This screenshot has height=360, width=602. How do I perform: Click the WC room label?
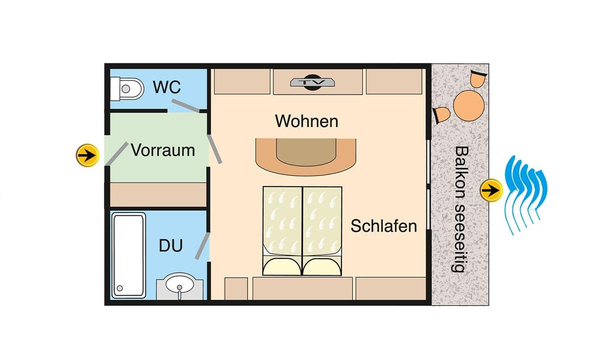(167, 87)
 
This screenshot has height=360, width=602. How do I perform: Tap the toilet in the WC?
(127, 89)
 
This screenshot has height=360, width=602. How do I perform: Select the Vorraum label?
(163, 150)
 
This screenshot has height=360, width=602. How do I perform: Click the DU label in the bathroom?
(171, 245)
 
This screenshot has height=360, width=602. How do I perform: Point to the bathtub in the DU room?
(129, 256)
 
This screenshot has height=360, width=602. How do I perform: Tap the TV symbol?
(312, 82)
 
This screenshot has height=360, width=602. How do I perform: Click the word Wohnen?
(307, 121)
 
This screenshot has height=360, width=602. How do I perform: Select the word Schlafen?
(384, 226)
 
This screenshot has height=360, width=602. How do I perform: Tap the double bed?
(302, 231)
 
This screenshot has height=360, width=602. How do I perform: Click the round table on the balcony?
(469, 106)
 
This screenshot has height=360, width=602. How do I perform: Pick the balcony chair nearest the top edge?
(478, 78)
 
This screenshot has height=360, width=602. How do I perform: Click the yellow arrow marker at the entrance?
(87, 155)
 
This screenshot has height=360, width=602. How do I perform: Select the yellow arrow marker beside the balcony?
(491, 190)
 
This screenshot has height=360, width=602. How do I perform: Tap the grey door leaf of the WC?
(186, 105)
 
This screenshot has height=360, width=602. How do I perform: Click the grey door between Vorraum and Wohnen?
(215, 149)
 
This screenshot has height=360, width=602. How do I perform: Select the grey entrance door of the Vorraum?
(117, 153)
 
